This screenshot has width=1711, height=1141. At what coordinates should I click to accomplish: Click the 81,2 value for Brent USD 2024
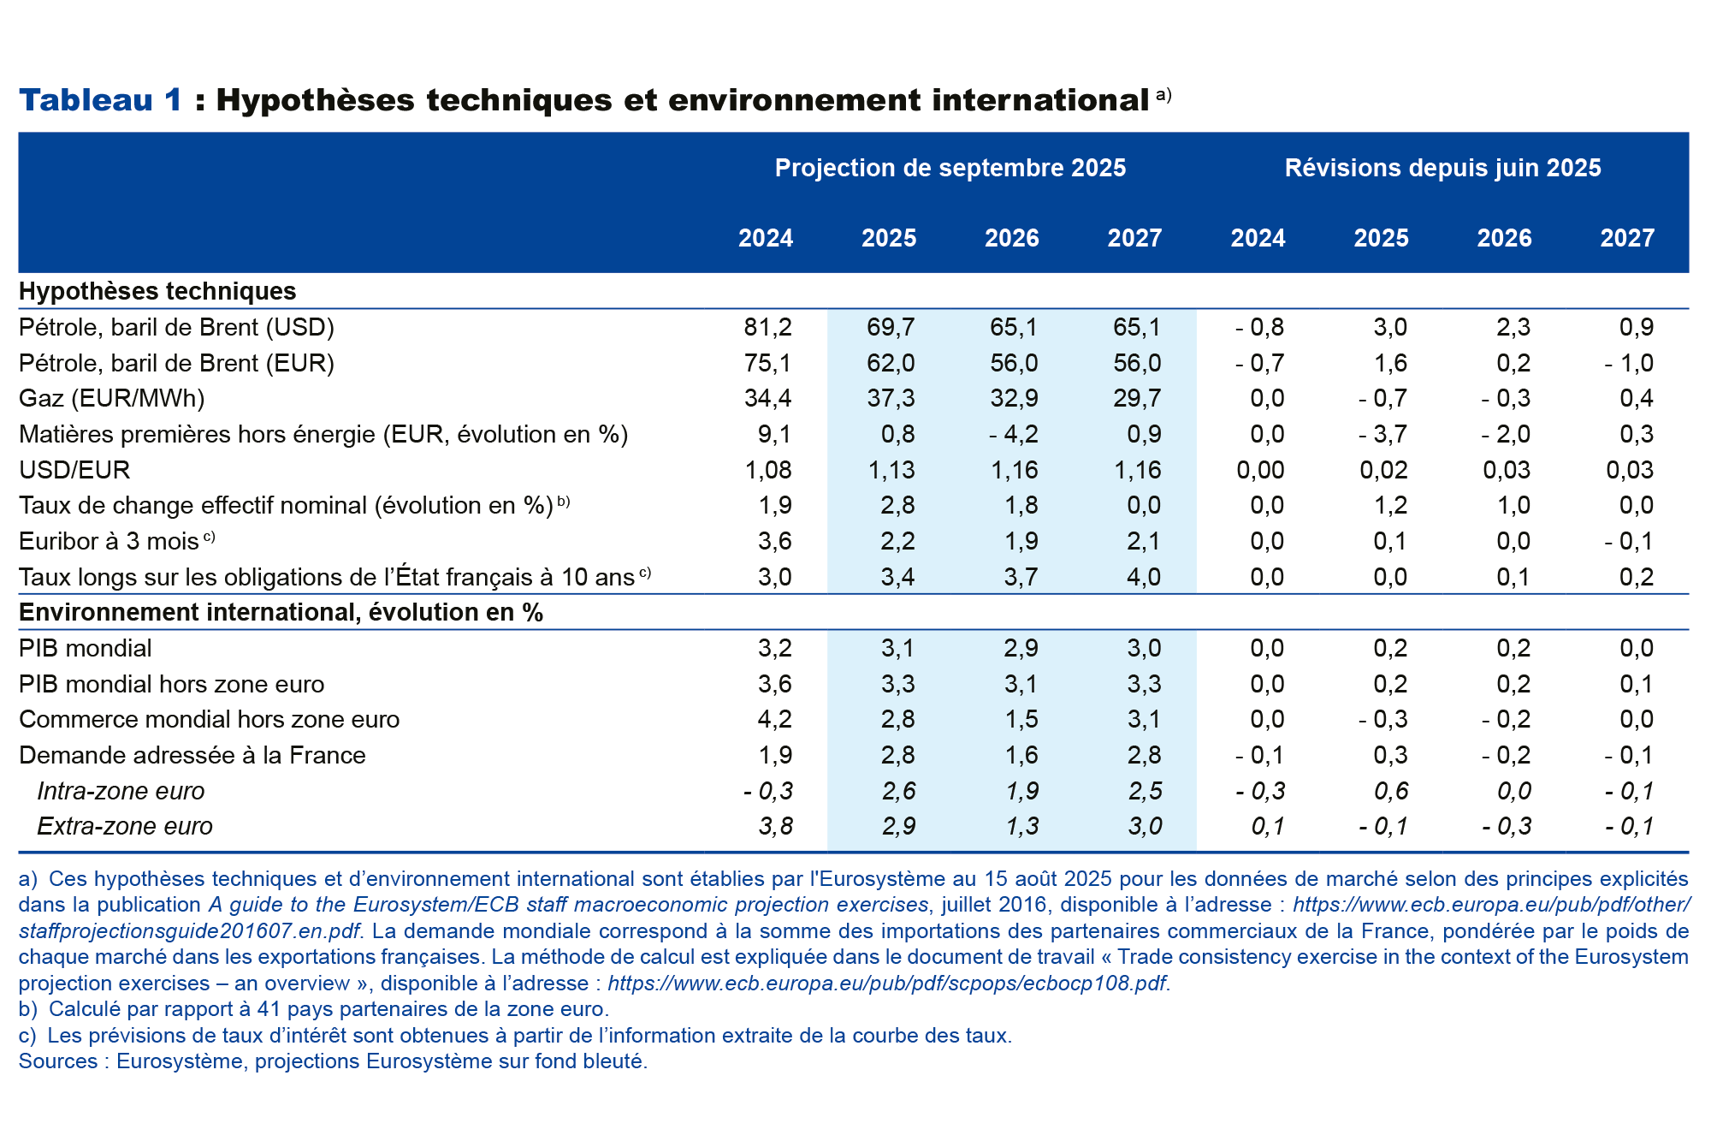pos(768,327)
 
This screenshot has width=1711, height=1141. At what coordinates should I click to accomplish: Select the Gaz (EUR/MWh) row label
pos(112,398)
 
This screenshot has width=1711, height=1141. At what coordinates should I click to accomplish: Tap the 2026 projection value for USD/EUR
pos(1015,470)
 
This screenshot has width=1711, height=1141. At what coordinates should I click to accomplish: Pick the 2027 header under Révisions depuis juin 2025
pos(1627,238)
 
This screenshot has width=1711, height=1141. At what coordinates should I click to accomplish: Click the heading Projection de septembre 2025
pos(950,168)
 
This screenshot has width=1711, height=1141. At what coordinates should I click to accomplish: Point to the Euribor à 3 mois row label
pos(109,541)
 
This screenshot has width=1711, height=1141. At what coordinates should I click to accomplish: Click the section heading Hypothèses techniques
pos(157,291)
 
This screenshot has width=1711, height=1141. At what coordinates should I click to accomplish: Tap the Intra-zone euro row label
pos(121,791)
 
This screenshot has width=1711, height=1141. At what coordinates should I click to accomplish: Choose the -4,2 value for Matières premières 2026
pos(1014,434)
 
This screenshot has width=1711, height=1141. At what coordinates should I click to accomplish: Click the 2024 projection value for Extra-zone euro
pos(775,826)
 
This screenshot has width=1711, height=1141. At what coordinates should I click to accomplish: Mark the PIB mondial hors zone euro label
pos(172,684)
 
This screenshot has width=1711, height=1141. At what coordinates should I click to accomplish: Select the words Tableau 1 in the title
pos(101,100)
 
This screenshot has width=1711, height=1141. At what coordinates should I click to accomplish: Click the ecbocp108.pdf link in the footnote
pos(886,984)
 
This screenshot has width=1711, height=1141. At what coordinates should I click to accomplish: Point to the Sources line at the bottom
pos(334,1061)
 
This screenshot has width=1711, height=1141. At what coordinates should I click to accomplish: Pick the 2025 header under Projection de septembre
pos(889,238)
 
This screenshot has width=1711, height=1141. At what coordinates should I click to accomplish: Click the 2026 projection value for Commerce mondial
pos(1021,719)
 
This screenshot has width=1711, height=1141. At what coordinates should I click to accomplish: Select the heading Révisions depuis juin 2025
pos(1442,168)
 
